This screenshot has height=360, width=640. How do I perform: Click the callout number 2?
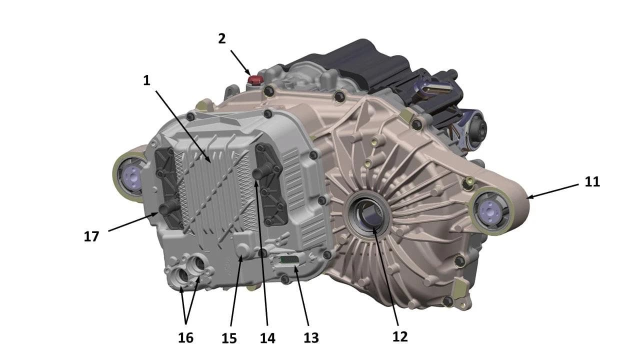(x=221, y=39)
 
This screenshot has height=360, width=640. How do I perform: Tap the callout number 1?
(x=146, y=80)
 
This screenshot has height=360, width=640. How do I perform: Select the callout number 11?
(x=592, y=181)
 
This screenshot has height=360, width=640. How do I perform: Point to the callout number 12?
(x=400, y=337)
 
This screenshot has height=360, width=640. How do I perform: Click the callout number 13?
(x=311, y=338)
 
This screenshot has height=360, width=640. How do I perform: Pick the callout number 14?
(x=267, y=338)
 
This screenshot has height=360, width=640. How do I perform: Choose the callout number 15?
(x=229, y=338)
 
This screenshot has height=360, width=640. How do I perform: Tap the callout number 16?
(x=185, y=337)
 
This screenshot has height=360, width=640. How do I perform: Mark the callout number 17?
(x=91, y=236)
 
